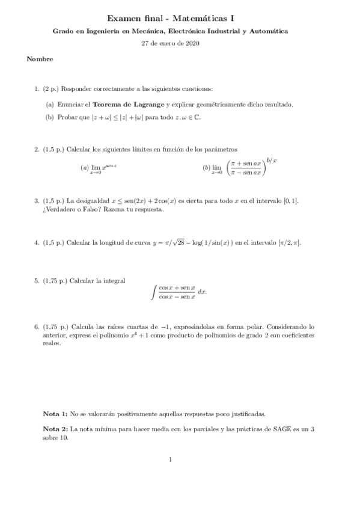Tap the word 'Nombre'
point(40,59)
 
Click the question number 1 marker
point(37,89)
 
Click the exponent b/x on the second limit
point(271,159)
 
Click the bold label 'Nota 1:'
point(56,414)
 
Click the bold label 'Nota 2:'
point(56,429)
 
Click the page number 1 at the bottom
point(171,460)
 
